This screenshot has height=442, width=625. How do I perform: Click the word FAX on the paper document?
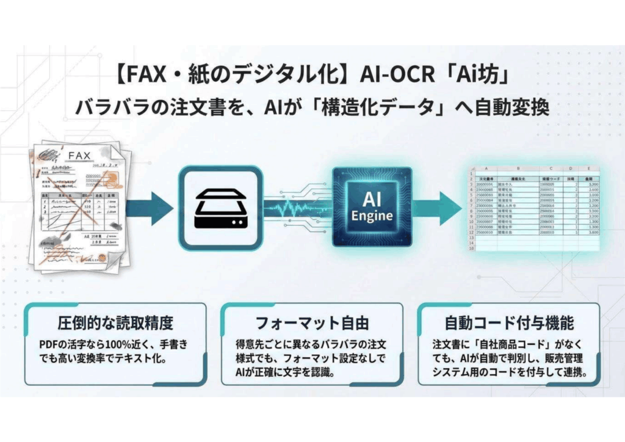pyautogui.click(x=79, y=156)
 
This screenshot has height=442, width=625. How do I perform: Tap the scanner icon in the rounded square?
pyautogui.click(x=221, y=208)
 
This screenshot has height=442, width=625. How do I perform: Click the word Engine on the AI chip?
pyautogui.click(x=372, y=216)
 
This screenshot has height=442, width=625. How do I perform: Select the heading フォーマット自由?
pyautogui.click(x=311, y=322)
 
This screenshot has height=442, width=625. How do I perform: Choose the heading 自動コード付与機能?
pyautogui.click(x=508, y=322)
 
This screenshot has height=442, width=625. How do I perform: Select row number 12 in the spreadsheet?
pyautogui.click(x=471, y=233)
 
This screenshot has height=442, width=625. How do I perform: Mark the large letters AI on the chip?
pyautogui.click(x=372, y=199)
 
